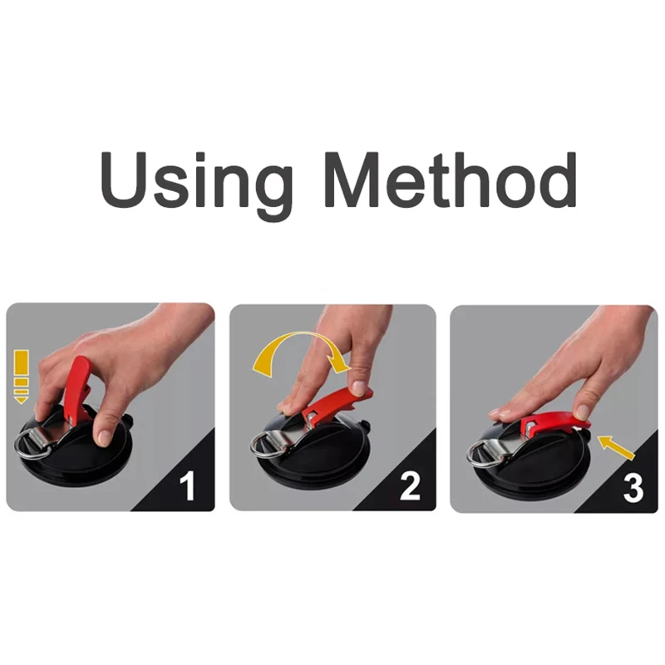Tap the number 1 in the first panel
tap(189, 485)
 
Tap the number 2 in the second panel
tap(410, 485)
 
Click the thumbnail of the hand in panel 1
tap(104, 436)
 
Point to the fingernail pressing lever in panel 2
tap(358, 387)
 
